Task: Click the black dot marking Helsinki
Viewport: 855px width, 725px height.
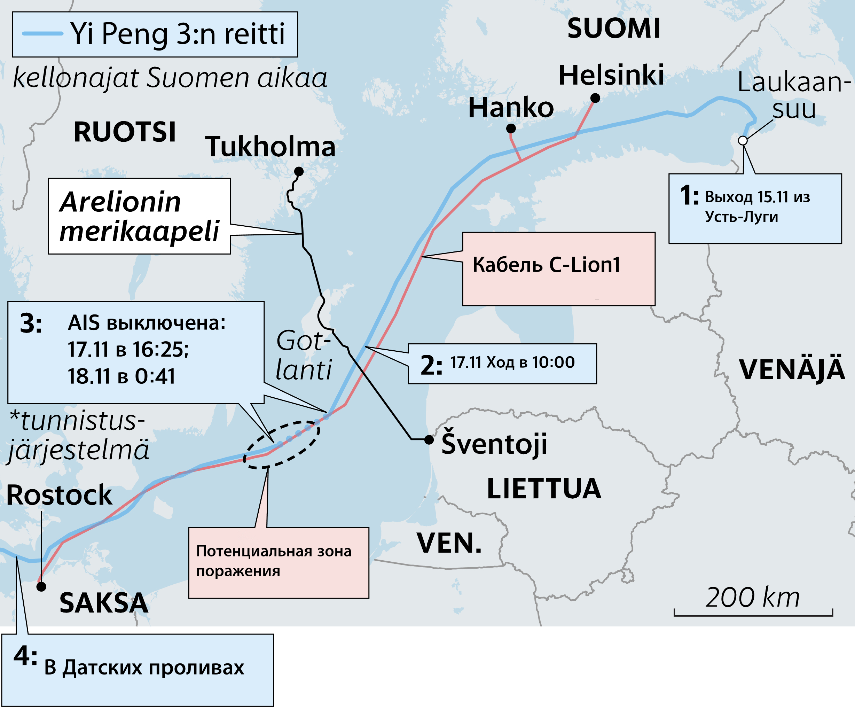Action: point(595,98)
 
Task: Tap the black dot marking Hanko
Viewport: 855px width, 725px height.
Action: point(511,128)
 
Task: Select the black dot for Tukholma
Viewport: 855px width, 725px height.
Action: point(299,171)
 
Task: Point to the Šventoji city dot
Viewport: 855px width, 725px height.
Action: point(429,440)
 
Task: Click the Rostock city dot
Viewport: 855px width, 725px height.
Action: point(41,586)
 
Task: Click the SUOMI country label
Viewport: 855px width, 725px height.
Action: point(613,29)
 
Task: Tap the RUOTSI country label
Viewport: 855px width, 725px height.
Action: point(125,132)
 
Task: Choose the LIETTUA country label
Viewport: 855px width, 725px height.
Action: point(543,489)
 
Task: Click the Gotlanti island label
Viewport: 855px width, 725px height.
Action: point(303,356)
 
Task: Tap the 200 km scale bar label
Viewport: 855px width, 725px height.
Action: point(752,598)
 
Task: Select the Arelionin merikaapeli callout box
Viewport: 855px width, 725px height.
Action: point(139,216)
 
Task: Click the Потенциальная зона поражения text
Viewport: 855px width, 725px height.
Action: point(274,561)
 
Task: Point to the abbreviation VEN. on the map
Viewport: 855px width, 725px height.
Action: point(449,543)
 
